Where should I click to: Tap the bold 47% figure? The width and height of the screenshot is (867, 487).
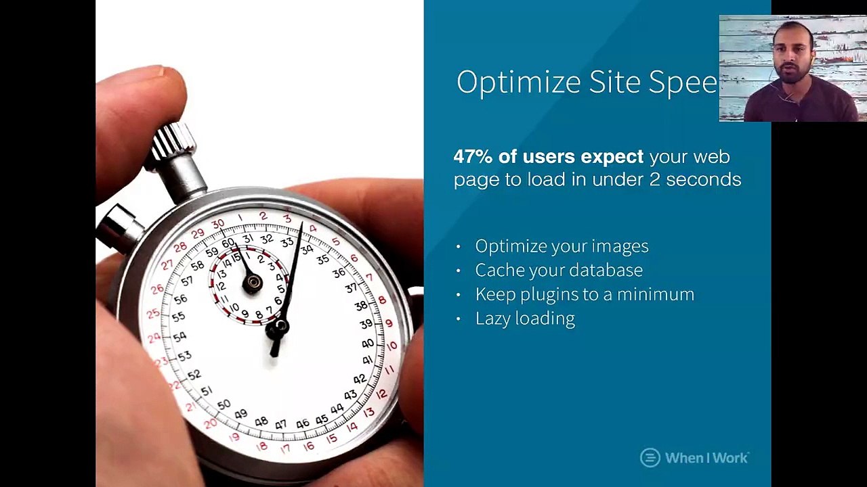pyautogui.click(x=473, y=157)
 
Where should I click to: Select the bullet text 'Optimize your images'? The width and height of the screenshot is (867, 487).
pyautogui.click(x=562, y=246)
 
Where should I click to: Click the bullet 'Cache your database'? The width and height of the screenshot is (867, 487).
pyautogui.click(x=559, y=270)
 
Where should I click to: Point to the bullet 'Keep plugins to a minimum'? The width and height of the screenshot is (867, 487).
pyautogui.click(x=585, y=294)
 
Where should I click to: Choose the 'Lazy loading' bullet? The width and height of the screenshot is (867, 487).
pyautogui.click(x=525, y=319)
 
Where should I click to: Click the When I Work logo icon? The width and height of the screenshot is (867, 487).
pyautogui.click(x=650, y=458)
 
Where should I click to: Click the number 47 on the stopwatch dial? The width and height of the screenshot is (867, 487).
pyautogui.click(x=280, y=425)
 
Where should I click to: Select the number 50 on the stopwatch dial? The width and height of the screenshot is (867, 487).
pyautogui.click(x=224, y=404)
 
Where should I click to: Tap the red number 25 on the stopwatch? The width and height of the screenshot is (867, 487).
pyautogui.click(x=153, y=314)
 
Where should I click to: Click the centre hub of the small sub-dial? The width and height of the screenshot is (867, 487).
pyautogui.click(x=252, y=284)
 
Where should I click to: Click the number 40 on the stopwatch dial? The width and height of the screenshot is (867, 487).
pyautogui.click(x=367, y=344)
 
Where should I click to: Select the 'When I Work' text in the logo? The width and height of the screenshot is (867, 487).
pyautogui.click(x=706, y=458)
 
